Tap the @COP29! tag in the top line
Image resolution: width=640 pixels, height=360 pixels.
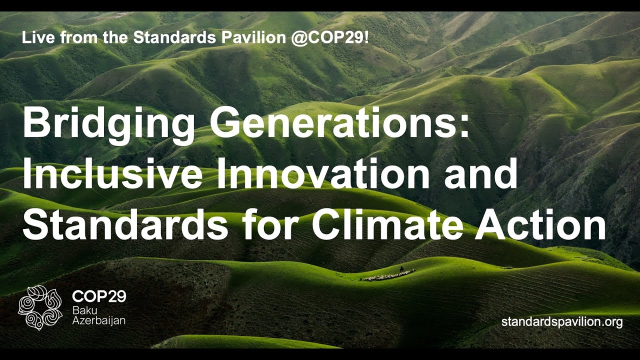click(x=332, y=38)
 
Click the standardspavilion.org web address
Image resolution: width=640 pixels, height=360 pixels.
click(x=562, y=322)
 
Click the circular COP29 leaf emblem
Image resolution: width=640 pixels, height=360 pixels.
click(x=40, y=307)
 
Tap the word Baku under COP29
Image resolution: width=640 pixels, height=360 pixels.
click(x=84, y=310)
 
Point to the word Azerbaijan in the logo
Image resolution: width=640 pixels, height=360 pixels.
click(x=98, y=320)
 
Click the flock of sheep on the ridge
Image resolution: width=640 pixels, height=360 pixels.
click(x=387, y=275)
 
